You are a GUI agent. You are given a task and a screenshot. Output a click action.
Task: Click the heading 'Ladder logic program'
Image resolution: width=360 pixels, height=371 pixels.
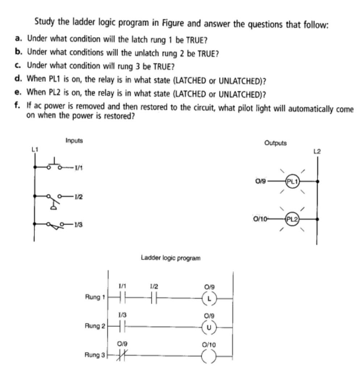click(x=170, y=258)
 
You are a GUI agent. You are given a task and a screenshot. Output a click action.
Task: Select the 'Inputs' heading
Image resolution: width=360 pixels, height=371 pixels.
click(x=74, y=140)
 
